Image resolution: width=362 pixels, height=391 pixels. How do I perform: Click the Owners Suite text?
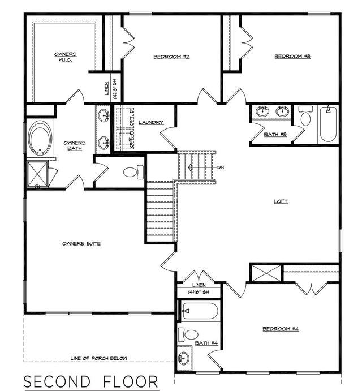coord(81,244)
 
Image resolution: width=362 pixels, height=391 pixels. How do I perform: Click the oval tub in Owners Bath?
coord(39,138)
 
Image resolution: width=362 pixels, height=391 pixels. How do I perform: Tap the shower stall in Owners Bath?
coord(37,174)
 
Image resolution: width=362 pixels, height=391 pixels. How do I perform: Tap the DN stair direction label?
coord(222,168)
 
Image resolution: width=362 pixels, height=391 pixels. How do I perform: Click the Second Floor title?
coord(90,380)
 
